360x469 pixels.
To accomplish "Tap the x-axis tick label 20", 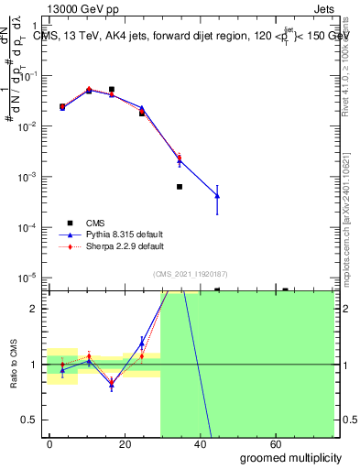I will click(x=121, y=443).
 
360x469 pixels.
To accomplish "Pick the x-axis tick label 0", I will click(x=50, y=443).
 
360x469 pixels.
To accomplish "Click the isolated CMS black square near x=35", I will click(x=180, y=187).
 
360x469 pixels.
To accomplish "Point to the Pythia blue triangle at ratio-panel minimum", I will click(x=111, y=385).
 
